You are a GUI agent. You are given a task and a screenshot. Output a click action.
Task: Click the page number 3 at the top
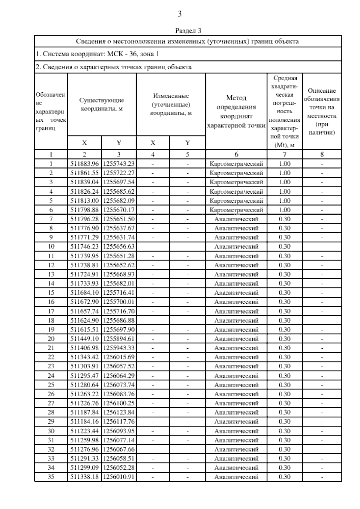[x=180, y=14]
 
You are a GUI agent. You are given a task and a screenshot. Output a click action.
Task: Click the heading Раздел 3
[x=188, y=31]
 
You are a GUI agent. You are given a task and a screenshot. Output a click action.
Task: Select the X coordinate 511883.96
[x=84, y=164]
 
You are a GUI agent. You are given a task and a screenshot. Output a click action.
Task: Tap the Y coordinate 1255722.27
[x=119, y=173]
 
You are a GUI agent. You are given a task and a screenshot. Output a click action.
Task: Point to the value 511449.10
[x=84, y=339]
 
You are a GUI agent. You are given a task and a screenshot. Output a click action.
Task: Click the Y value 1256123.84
[x=119, y=412]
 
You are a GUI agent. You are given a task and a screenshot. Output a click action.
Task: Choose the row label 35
[x=51, y=477]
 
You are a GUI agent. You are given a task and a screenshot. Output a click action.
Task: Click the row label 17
[x=51, y=311]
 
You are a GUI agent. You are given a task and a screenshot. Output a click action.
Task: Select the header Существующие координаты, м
[x=101, y=104]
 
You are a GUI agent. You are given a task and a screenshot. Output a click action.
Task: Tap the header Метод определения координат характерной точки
[x=236, y=112]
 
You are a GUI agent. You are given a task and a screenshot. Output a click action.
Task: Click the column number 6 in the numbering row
[x=236, y=155]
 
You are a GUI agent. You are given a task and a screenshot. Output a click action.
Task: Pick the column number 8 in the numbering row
[x=322, y=155]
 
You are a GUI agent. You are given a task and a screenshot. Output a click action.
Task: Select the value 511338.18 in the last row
[x=84, y=477]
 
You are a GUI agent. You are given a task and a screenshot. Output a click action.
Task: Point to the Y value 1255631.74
[x=119, y=237]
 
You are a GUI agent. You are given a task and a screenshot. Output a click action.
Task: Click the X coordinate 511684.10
[x=84, y=293]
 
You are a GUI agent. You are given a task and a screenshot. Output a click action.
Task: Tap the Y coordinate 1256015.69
[x=119, y=357]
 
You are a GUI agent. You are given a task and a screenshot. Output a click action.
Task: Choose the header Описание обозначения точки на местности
[x=322, y=112]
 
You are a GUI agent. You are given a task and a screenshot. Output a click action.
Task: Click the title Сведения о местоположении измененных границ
[x=187, y=41]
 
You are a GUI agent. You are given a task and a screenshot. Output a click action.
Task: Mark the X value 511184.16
[x=84, y=421]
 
